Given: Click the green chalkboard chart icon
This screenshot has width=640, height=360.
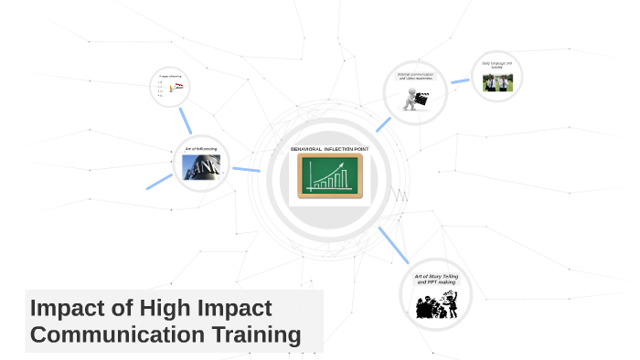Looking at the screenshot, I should tap(330, 175).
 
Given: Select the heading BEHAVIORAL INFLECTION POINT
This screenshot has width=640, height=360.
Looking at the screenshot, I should tap(329, 148).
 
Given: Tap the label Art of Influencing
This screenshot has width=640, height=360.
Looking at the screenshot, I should tap(200, 148).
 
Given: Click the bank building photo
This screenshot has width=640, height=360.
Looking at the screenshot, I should tap(200, 167).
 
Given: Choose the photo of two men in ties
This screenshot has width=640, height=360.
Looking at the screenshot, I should tap(497, 83).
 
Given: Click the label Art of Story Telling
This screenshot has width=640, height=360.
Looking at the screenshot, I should tap(436, 276).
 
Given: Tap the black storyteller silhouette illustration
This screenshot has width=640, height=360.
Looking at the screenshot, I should tap(436, 303).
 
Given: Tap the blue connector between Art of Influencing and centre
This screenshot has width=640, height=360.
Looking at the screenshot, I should tap(246, 169).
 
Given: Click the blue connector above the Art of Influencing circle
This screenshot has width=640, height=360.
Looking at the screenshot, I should tap(186, 120).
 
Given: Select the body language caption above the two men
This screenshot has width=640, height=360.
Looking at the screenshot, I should tap(497, 65).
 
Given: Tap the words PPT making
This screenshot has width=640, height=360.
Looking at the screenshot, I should tap(436, 282).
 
